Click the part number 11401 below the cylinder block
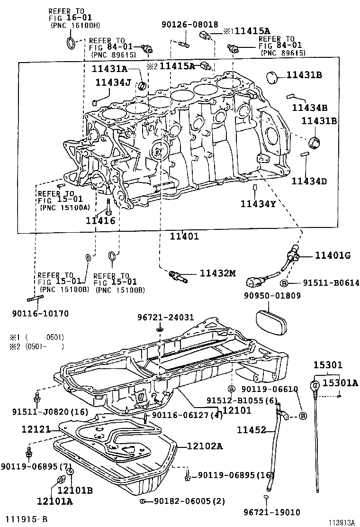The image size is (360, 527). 185,236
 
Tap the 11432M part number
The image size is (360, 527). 217,273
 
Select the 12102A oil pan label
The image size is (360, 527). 205,446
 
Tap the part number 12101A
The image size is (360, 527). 55,500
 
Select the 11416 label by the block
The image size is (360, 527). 100,220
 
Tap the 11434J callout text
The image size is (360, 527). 113,82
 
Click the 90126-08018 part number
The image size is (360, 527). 183,24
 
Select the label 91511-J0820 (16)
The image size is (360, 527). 50,411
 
